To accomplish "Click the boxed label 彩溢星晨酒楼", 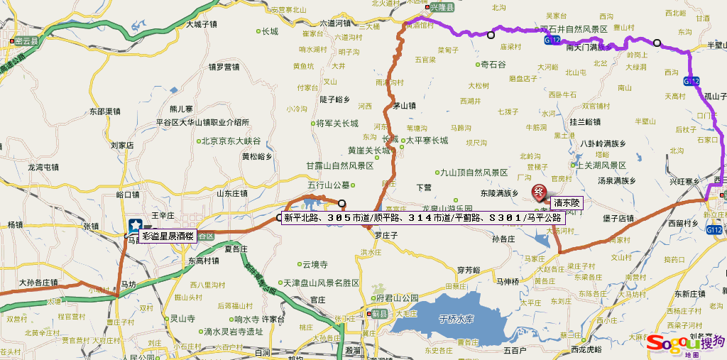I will [x=168, y=236].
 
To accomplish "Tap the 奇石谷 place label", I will [x=493, y=64].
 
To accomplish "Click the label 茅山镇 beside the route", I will [x=404, y=106].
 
